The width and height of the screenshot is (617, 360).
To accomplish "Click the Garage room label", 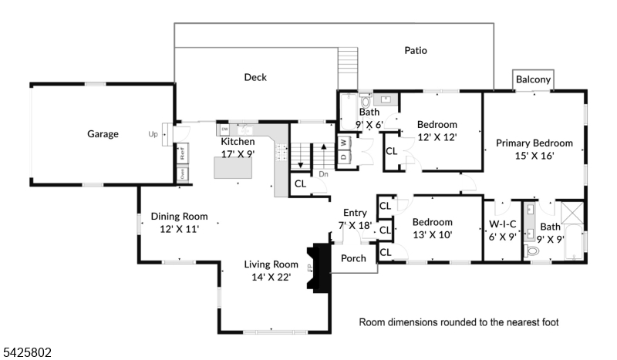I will tap(103, 134).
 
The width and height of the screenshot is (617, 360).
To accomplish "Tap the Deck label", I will tap(255, 77).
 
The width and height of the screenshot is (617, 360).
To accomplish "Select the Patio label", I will tap(416, 51).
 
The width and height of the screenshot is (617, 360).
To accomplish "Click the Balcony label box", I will tap(533, 80).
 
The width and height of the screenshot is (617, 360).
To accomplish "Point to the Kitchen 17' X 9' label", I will tap(238, 148).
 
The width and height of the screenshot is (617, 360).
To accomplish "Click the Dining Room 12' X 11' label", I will tap(179, 222).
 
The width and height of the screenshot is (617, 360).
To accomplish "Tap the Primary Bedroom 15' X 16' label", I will tap(534, 149).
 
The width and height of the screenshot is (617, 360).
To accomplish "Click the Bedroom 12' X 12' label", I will tap(437, 130).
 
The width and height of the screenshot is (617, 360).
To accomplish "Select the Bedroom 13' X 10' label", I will tap(432, 228).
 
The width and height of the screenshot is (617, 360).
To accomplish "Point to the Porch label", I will tap(354, 258).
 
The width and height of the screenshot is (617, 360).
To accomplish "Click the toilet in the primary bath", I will tap(531, 251).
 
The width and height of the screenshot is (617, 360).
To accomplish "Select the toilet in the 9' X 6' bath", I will tap(366, 102).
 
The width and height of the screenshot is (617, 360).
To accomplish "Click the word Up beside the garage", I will tap(153, 134).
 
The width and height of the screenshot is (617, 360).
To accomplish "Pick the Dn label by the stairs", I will tap(324, 173).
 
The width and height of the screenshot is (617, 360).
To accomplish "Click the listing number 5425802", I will tap(26, 352).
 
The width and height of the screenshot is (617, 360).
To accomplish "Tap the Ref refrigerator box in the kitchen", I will tap(183, 153).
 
